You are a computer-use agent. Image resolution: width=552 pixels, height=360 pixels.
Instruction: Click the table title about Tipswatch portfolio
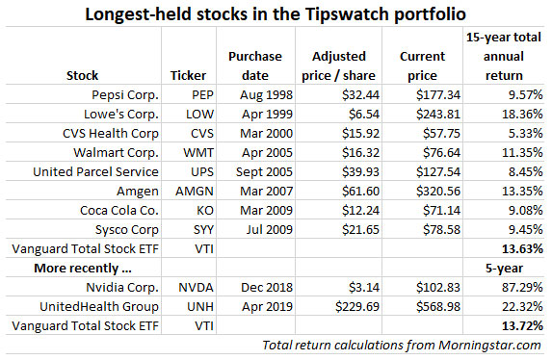click(x=276, y=14)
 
